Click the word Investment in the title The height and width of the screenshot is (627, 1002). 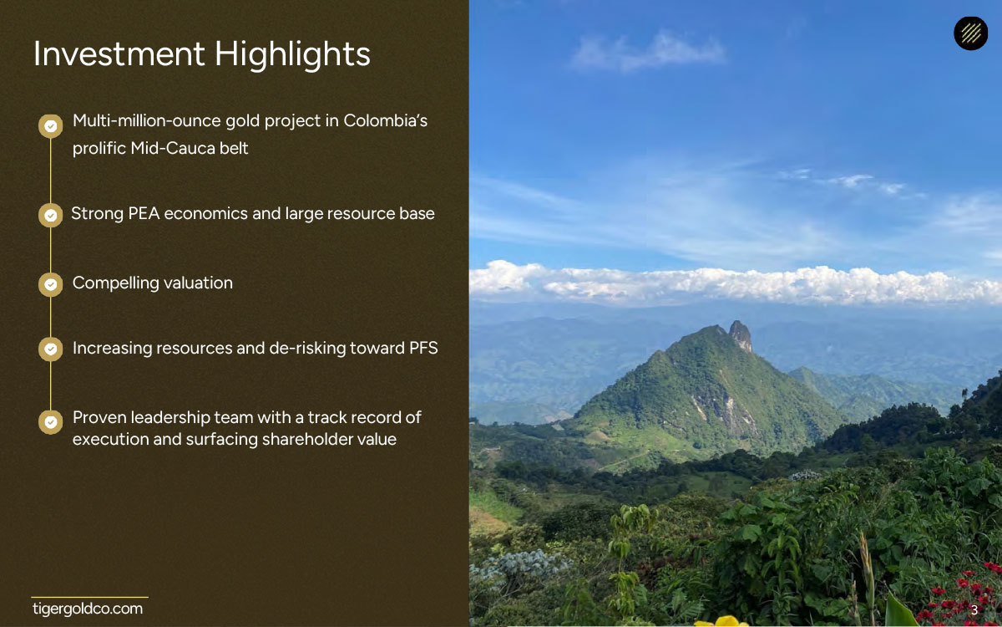(x=119, y=54)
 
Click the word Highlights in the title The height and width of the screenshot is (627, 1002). (x=292, y=54)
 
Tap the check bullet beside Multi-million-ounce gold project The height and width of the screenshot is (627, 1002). (x=51, y=126)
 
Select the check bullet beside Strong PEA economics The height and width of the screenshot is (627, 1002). (x=51, y=216)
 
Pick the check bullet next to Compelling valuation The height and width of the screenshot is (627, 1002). (x=51, y=284)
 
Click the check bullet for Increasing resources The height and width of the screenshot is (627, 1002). (x=51, y=349)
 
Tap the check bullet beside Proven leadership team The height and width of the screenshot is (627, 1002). (x=51, y=422)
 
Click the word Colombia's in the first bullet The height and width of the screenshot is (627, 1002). (x=386, y=120)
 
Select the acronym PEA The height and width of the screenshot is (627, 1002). (x=144, y=214)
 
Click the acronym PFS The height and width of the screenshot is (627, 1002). (x=423, y=348)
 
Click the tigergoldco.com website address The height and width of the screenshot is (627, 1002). (x=88, y=609)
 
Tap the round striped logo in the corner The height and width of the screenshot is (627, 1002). (x=970, y=33)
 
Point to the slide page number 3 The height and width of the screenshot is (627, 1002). (x=974, y=610)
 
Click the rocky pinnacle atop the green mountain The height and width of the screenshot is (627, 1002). (x=741, y=334)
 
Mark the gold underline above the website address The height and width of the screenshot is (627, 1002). (x=89, y=597)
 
